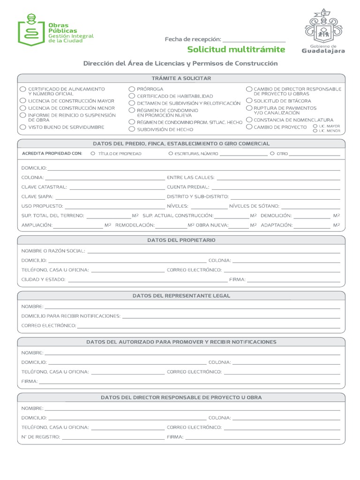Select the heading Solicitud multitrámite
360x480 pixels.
(236, 50)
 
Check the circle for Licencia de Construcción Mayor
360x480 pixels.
(23, 100)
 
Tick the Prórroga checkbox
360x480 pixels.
(132, 89)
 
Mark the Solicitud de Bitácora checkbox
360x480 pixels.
(249, 100)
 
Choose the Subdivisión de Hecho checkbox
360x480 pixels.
(132, 129)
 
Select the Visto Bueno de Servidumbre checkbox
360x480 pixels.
(23, 127)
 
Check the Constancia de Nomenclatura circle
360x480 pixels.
(249, 120)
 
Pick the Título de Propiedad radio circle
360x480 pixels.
(93, 153)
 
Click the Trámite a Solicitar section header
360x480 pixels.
(181, 78)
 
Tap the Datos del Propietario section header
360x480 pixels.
(181, 240)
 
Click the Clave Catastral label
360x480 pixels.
(44, 187)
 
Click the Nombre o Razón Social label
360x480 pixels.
(53, 251)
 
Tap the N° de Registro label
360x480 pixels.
(40, 437)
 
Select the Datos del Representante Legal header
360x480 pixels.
(181, 296)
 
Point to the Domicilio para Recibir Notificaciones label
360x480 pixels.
(71, 316)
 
